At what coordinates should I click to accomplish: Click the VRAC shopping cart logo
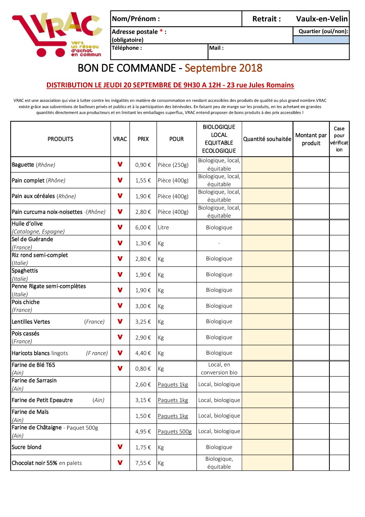point(57,35)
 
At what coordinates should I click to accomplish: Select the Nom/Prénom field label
point(136,19)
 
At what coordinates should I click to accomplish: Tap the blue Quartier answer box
point(321,40)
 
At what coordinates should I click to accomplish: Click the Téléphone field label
point(127,48)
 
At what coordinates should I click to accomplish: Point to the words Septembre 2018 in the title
point(223,68)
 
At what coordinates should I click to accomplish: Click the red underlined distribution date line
point(170,85)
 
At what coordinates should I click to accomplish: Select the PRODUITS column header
point(60,139)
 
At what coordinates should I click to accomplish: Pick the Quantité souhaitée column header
point(267,139)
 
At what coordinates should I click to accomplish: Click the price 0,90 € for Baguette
point(143,165)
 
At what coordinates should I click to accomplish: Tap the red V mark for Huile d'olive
point(120,227)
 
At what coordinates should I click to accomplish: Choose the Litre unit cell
point(164,228)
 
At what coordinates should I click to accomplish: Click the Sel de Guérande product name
point(32,239)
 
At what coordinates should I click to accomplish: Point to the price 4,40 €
point(143,353)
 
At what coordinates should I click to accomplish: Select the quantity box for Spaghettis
point(267,275)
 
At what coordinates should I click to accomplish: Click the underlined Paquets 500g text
point(175,432)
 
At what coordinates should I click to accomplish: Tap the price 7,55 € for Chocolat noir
point(143,463)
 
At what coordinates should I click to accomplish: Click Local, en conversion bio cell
point(219,369)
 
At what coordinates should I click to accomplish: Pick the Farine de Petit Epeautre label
point(42,400)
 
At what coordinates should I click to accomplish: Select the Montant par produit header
point(311,139)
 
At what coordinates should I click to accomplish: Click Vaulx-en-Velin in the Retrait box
point(322,19)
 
